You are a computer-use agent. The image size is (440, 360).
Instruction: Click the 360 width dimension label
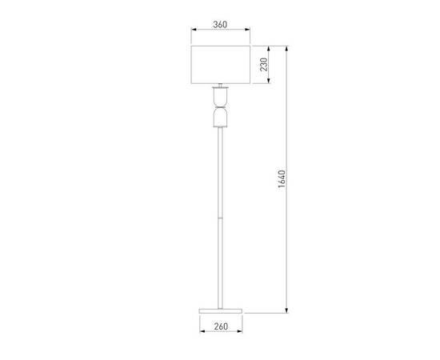pos(220,25)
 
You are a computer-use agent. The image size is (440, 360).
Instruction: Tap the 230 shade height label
pos(264,65)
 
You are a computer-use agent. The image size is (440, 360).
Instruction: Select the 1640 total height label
pos(282,178)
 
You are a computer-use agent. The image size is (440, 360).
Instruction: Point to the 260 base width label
pos(221,326)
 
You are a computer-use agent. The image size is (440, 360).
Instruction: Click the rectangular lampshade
pos(221,65)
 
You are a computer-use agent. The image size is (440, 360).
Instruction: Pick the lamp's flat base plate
pos(221,311)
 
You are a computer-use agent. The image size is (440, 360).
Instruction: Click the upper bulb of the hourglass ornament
pos(220,97)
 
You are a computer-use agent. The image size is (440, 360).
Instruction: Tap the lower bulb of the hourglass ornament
pos(220,118)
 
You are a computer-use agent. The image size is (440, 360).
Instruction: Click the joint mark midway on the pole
pos(220,218)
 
